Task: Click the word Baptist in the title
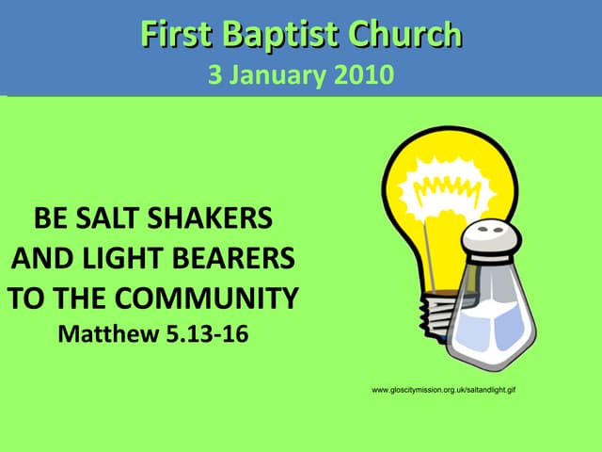click(x=285, y=35)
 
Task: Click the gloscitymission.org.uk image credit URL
click(x=445, y=389)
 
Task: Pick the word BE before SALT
click(x=50, y=219)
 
